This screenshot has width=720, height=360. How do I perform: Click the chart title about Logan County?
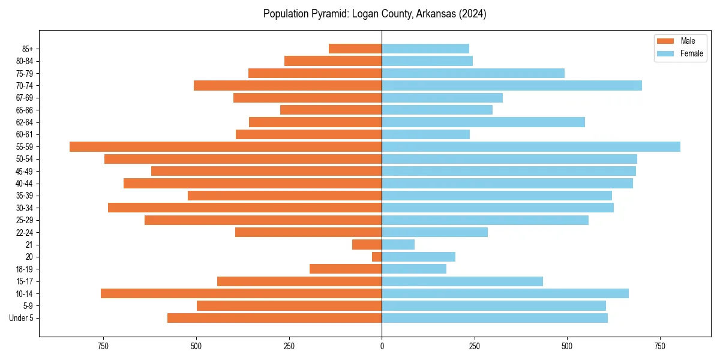pos(374,14)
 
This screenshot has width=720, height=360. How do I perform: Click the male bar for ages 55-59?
pos(226,147)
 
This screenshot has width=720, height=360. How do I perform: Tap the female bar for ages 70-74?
pos(512,86)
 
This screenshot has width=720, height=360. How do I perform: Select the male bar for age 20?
pos(377,257)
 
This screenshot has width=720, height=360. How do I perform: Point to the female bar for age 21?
pos(398,245)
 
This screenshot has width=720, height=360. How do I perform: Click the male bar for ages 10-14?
pos(241,293)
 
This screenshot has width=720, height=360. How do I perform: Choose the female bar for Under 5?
pos(494,318)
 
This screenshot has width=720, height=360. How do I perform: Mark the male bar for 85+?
pos(355,49)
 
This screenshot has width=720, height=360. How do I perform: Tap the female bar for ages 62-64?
pos(483,122)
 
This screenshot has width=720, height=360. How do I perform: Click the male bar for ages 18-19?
pos(346,269)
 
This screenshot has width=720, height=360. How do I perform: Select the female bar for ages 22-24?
pos(434,232)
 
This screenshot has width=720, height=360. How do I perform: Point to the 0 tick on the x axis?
pos(382,346)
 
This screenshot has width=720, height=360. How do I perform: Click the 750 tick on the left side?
pos(103,346)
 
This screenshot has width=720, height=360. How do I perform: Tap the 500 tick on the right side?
pos(567,346)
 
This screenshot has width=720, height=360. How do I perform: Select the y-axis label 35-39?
pos(24,196)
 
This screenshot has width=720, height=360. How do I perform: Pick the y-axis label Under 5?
pos(21,318)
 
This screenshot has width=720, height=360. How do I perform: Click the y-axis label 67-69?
pos(24,98)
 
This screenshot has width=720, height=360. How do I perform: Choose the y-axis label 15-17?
pos(24,281)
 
